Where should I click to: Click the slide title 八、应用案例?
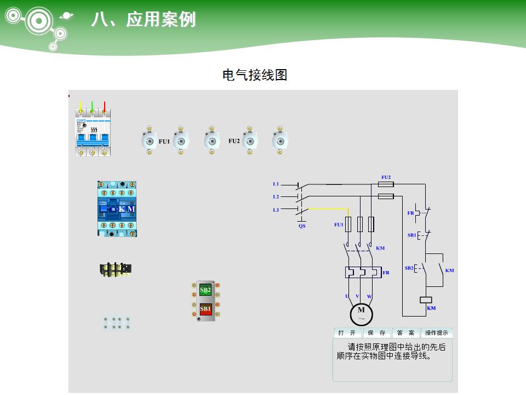(x=144, y=20)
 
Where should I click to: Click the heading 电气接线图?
(x=255, y=75)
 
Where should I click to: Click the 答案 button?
(x=405, y=333)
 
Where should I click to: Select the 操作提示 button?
(x=437, y=333)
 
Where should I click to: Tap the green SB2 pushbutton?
(x=205, y=290)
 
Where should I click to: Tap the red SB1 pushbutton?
(x=205, y=309)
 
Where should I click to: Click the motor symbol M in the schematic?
(x=361, y=313)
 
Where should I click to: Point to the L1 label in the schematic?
(x=276, y=184)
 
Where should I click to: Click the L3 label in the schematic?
(x=276, y=210)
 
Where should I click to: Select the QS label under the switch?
(x=302, y=225)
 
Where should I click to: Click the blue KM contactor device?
(x=117, y=209)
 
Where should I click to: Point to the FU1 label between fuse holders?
(x=164, y=142)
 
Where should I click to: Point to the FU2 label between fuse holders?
(x=234, y=141)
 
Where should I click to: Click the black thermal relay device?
(x=116, y=269)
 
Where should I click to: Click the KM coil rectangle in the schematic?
(x=426, y=300)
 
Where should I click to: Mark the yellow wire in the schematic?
(x=329, y=208)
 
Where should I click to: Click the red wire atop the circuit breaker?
(x=104, y=105)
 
